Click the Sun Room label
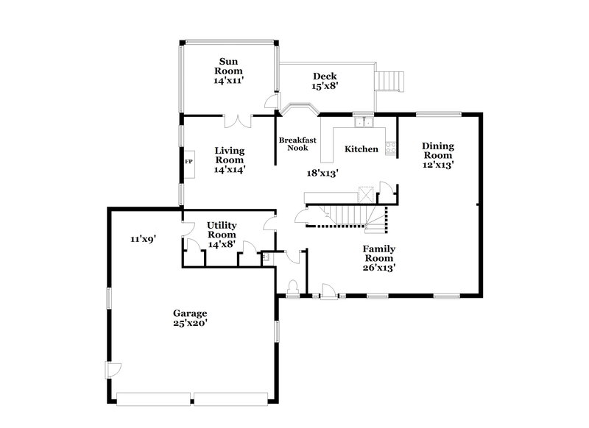[229, 65]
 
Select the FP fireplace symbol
[188, 161]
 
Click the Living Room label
[229, 155]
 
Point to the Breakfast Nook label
[297, 144]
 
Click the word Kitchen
[361, 149]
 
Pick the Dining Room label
[437, 151]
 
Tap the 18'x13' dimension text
[322, 173]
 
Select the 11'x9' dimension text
[144, 238]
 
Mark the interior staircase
[350, 215]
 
